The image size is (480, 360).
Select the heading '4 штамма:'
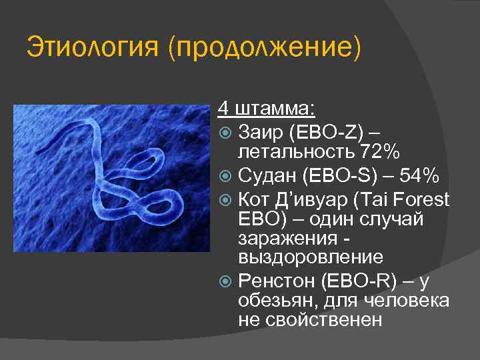[267, 107]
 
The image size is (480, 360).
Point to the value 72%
[379, 152]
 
